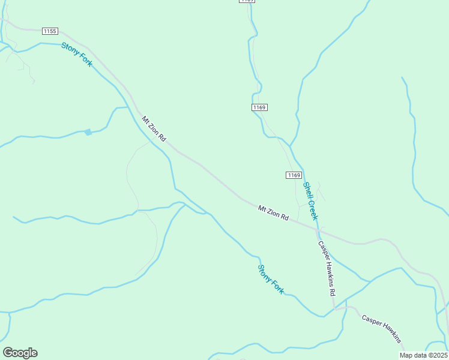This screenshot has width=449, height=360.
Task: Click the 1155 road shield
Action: point(50,31)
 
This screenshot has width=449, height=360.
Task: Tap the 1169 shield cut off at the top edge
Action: point(247,1)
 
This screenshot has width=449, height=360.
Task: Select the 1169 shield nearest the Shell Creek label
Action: point(293,175)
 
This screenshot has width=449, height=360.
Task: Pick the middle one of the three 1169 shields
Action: point(259,107)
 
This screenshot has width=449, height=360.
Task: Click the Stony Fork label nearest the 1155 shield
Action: point(76,54)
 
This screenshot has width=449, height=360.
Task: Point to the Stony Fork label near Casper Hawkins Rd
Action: point(271,279)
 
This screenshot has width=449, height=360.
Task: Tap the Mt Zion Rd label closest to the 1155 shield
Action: point(154,128)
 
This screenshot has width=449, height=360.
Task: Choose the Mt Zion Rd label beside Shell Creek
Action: point(273,213)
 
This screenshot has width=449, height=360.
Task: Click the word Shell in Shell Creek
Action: point(308,191)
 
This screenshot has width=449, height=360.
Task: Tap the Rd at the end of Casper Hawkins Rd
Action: point(331,293)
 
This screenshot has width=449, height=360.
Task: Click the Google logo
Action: point(20,352)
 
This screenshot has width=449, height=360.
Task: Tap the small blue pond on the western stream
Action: point(88,132)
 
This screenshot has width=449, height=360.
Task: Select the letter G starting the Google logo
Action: point(8,352)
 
